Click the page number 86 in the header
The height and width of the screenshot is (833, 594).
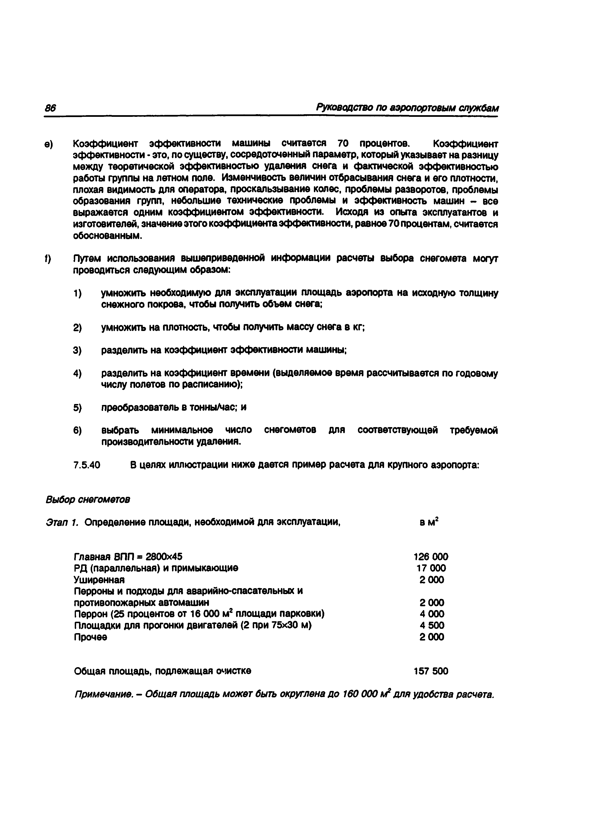50,108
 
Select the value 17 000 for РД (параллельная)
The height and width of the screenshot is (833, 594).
431,568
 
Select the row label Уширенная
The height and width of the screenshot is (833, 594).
99,580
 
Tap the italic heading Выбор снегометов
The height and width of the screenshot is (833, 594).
88,499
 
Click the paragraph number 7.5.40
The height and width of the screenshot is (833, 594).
87,465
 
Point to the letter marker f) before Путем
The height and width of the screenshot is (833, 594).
48,259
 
